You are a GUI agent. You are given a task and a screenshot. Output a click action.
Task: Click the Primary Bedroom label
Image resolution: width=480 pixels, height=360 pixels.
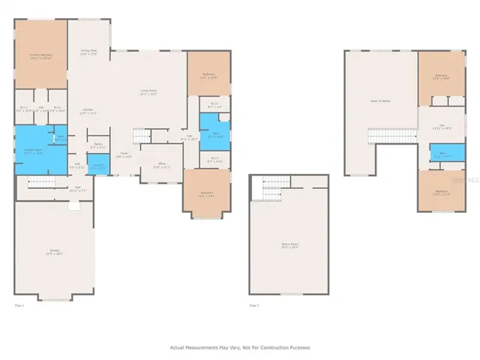pos(40,56)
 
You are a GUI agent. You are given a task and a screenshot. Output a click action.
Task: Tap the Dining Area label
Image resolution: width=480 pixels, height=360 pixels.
pos(89,52)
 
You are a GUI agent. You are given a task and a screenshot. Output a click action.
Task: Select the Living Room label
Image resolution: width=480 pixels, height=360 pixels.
pos(148,93)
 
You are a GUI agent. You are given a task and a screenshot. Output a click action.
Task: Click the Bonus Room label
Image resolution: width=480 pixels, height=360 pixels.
pos(289,245)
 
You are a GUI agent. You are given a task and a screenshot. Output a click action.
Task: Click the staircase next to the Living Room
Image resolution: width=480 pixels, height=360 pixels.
pos(142,136)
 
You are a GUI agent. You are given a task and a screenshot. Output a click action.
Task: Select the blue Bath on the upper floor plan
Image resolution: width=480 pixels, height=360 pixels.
pos(442,154)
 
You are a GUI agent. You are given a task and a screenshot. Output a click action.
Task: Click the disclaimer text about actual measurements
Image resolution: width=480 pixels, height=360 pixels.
pos(239,347)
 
